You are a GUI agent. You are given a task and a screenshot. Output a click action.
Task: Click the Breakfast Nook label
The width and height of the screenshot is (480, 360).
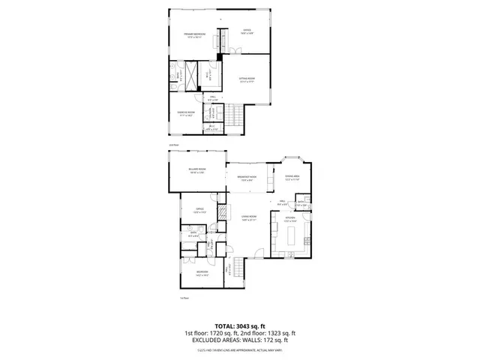click(248, 178)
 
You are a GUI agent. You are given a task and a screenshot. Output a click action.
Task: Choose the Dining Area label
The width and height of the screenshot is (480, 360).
click(292, 178)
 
